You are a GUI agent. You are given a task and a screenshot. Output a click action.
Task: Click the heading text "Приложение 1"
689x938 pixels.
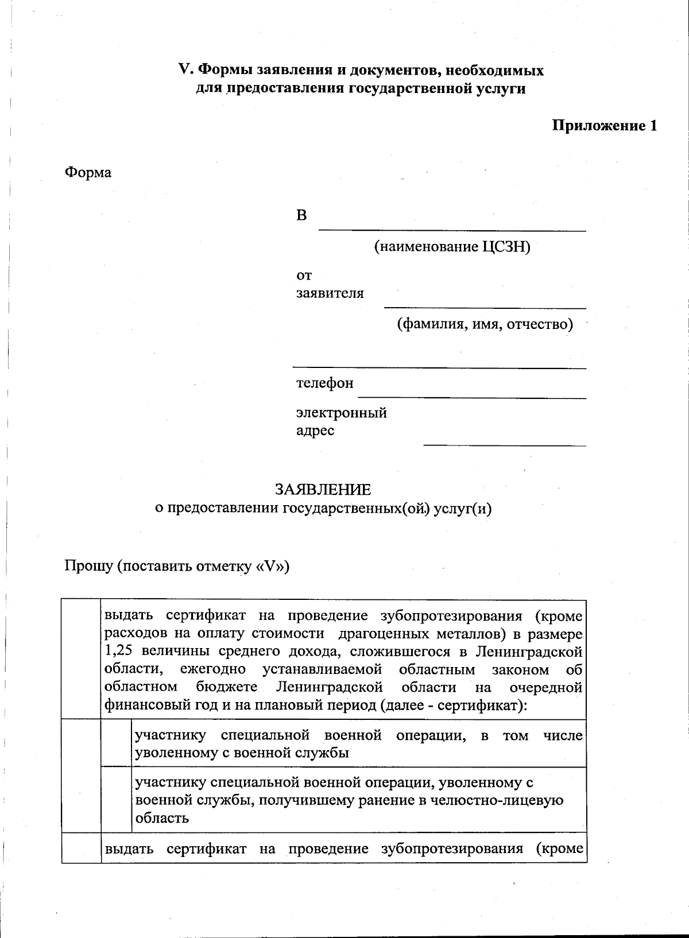click(604, 126)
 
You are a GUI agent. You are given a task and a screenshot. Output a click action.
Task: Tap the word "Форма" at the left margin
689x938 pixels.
click(88, 172)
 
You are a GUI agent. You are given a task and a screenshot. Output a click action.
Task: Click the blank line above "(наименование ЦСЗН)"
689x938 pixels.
click(452, 230)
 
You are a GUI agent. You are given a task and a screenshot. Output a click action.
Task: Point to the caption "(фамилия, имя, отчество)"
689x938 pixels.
click(485, 324)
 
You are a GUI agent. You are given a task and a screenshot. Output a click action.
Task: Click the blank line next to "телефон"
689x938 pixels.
click(471, 396)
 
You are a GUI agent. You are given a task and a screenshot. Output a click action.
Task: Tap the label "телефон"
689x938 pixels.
click(324, 383)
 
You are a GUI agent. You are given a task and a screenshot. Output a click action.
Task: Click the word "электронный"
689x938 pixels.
click(341, 413)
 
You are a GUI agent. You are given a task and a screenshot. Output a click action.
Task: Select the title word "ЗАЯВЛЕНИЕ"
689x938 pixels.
click(323, 490)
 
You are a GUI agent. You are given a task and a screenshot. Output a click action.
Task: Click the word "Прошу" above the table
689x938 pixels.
click(88, 567)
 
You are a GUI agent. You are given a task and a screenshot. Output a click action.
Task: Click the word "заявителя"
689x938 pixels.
click(330, 293)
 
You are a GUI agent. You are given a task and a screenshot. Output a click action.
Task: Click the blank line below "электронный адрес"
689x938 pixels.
click(504, 444)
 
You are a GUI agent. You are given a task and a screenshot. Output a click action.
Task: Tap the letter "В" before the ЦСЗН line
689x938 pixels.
click(301, 215)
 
